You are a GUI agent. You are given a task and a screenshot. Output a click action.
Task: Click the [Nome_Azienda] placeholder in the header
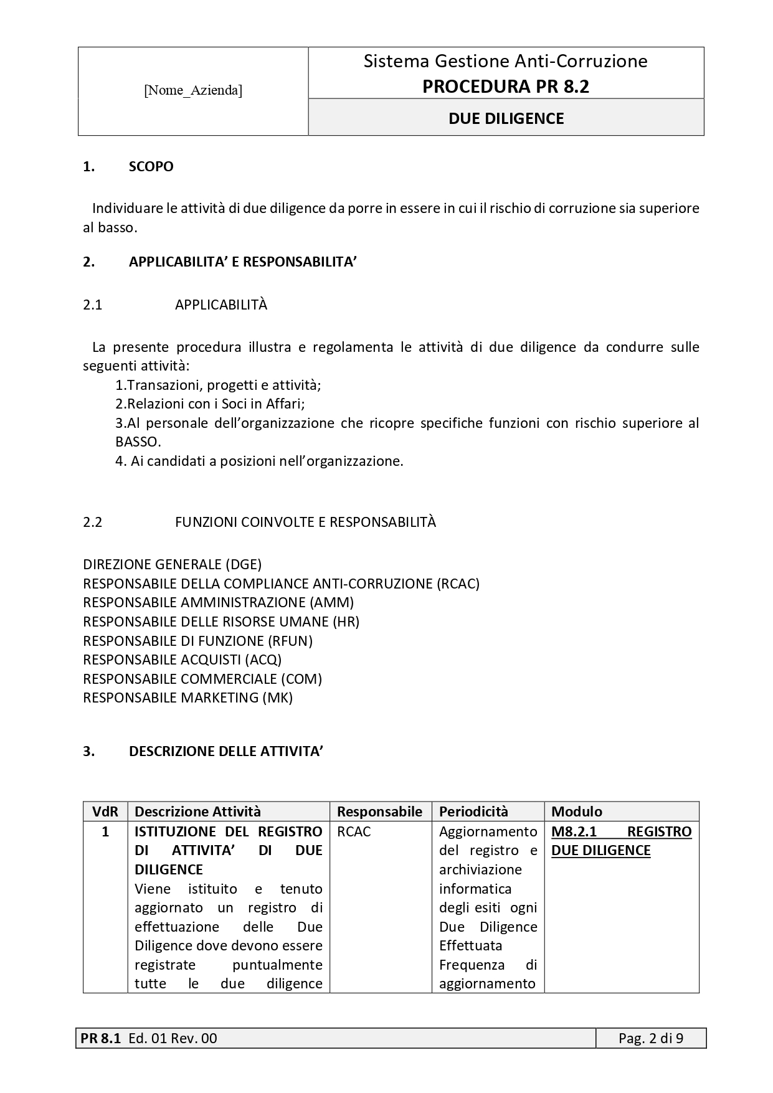(193, 91)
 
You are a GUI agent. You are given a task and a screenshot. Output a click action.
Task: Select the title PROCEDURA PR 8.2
(505, 87)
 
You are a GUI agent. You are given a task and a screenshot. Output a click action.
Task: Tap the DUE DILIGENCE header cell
(506, 118)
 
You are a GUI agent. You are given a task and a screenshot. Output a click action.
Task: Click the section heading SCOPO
(151, 167)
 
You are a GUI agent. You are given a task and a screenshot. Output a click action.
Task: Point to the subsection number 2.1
(92, 305)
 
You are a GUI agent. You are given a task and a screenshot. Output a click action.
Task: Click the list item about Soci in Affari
(210, 404)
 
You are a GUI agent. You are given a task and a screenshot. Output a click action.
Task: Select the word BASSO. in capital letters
(138, 442)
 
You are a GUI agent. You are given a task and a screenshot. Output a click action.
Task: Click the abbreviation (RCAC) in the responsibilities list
(458, 584)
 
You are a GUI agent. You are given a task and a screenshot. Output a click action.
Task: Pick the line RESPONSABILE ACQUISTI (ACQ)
(182, 660)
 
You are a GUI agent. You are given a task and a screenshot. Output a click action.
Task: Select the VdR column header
(105, 811)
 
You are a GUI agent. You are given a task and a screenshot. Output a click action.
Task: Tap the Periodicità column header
(473, 811)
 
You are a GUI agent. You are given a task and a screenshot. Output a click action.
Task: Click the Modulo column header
(577, 811)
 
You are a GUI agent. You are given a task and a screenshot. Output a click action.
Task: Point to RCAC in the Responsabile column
(354, 832)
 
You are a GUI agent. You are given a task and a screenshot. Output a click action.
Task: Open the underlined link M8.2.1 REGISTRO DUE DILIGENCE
(621, 841)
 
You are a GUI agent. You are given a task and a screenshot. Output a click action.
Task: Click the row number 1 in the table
(105, 832)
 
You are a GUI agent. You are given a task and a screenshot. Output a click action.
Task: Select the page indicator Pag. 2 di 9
(651, 1038)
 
